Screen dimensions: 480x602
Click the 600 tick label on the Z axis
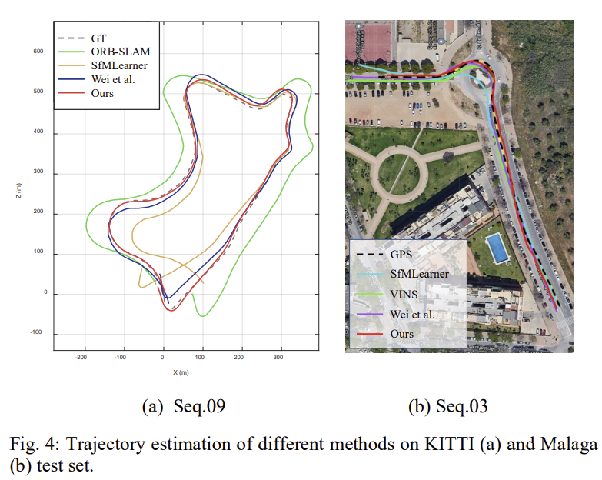click(x=38, y=52)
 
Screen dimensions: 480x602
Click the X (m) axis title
click(x=181, y=372)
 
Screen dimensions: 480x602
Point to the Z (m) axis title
click(x=18, y=193)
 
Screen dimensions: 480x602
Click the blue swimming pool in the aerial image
click(x=497, y=248)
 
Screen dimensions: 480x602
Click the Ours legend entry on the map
click(x=402, y=334)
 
